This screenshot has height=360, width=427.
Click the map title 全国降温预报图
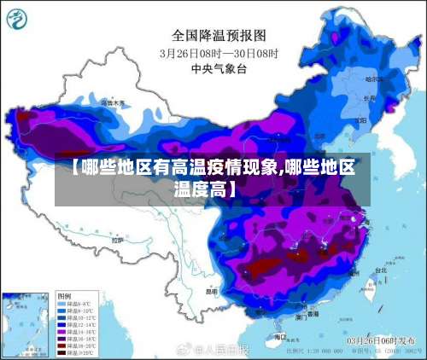(219, 36)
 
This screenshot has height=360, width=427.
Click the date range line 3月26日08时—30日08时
(219, 52)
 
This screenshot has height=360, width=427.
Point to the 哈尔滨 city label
(377, 78)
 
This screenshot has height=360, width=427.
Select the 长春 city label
(369, 98)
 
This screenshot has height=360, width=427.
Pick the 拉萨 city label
(116, 241)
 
